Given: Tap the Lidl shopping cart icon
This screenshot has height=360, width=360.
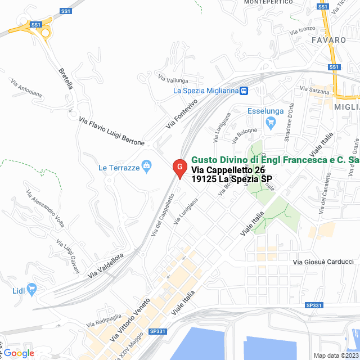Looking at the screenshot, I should [31, 290].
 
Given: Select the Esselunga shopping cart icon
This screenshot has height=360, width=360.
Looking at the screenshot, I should [271, 122].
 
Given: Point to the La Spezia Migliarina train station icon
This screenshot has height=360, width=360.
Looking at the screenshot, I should [244, 91].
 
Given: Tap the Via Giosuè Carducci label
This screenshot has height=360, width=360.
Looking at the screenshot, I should [323, 262].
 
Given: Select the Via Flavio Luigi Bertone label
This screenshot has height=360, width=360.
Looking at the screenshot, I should [111, 131].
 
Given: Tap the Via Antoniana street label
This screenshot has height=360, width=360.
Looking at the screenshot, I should [26, 88].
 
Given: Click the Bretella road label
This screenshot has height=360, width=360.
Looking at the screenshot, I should [66, 79].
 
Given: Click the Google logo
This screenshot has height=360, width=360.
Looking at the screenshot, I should [19, 353].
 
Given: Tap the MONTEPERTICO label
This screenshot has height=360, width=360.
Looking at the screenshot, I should [267, 2].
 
